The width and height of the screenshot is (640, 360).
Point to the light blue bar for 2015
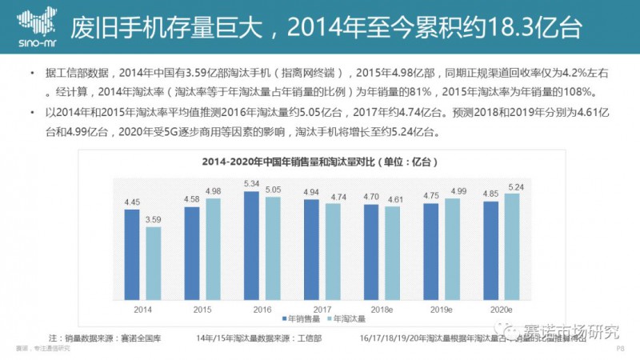tap(212, 247)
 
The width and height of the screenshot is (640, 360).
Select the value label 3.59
tap(153, 219)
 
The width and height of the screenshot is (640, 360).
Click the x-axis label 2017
tap(322, 306)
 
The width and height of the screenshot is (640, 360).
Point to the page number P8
tap(620, 348)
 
